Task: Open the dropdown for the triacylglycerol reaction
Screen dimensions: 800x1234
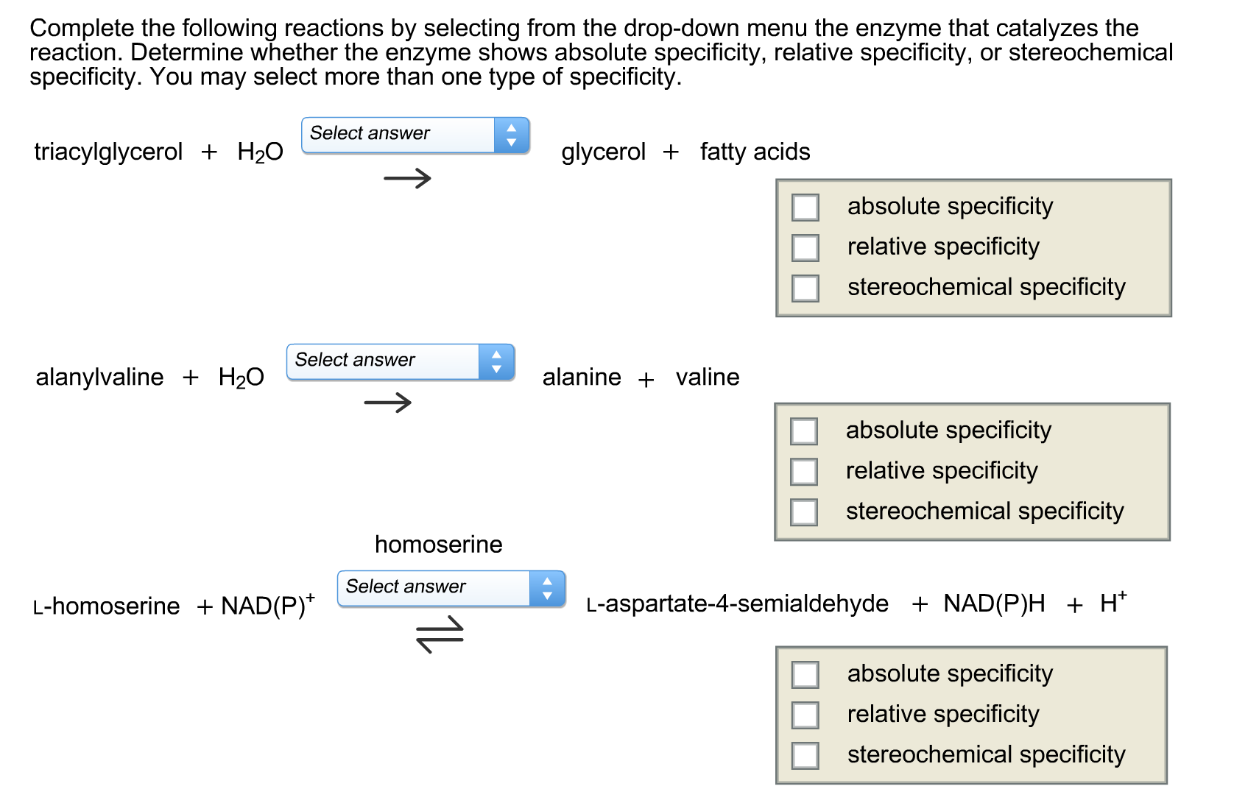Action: pos(415,135)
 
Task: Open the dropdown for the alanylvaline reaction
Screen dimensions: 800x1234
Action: pos(401,361)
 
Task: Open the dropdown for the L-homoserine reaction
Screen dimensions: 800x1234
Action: pos(451,588)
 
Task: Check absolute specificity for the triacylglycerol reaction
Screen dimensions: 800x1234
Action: pos(805,207)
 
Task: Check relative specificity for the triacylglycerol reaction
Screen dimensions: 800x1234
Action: pos(805,247)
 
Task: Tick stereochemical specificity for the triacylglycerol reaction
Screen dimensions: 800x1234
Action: pos(805,288)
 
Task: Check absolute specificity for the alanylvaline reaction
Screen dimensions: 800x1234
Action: pos(803,431)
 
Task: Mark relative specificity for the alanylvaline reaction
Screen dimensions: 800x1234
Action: pos(803,471)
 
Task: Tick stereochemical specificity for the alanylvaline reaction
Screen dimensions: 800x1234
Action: pos(803,511)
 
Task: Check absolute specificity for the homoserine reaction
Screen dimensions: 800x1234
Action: pos(805,674)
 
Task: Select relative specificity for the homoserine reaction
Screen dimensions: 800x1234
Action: pos(805,715)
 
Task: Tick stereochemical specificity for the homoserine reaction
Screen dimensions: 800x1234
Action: pos(805,755)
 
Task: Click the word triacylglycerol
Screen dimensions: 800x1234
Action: pos(108,152)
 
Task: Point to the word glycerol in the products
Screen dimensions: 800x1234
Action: pos(603,152)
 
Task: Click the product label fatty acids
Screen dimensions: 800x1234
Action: pos(755,152)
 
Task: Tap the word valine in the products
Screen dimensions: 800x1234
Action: pos(708,377)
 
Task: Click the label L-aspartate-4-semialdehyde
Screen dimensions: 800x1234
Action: pos(738,603)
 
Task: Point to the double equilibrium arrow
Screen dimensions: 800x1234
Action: pos(440,635)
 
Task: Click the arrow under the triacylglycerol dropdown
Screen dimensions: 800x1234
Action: pos(407,177)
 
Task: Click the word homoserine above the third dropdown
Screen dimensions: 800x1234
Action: pos(438,544)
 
